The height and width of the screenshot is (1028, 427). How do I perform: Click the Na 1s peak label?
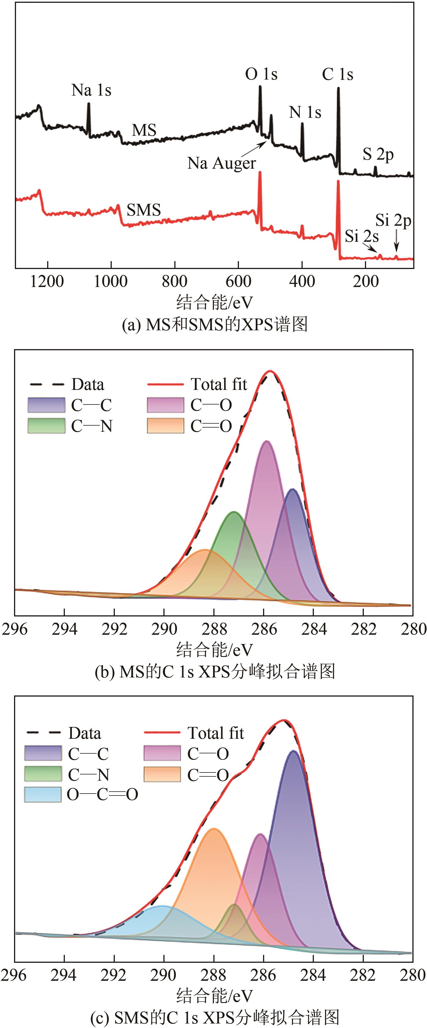tap(91, 90)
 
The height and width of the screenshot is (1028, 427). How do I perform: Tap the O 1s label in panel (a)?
tap(261, 74)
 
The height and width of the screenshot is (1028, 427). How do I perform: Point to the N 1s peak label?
tap(305, 112)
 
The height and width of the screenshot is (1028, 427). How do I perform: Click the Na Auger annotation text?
tap(222, 163)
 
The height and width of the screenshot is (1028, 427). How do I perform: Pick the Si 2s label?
tap(362, 236)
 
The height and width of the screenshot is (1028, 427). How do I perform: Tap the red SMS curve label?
tap(143, 210)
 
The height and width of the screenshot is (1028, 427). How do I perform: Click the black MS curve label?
tap(144, 130)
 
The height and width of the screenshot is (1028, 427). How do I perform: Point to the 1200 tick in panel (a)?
tap(47, 282)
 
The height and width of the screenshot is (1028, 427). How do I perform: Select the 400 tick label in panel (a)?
tap(302, 282)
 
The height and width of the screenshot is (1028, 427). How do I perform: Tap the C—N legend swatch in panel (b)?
tap(46, 426)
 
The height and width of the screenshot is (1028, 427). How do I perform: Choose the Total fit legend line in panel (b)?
tap(165, 384)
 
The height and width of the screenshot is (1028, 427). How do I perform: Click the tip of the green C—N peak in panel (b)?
tap(233, 512)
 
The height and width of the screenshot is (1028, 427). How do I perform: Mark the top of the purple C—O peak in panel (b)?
tap(267, 441)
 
